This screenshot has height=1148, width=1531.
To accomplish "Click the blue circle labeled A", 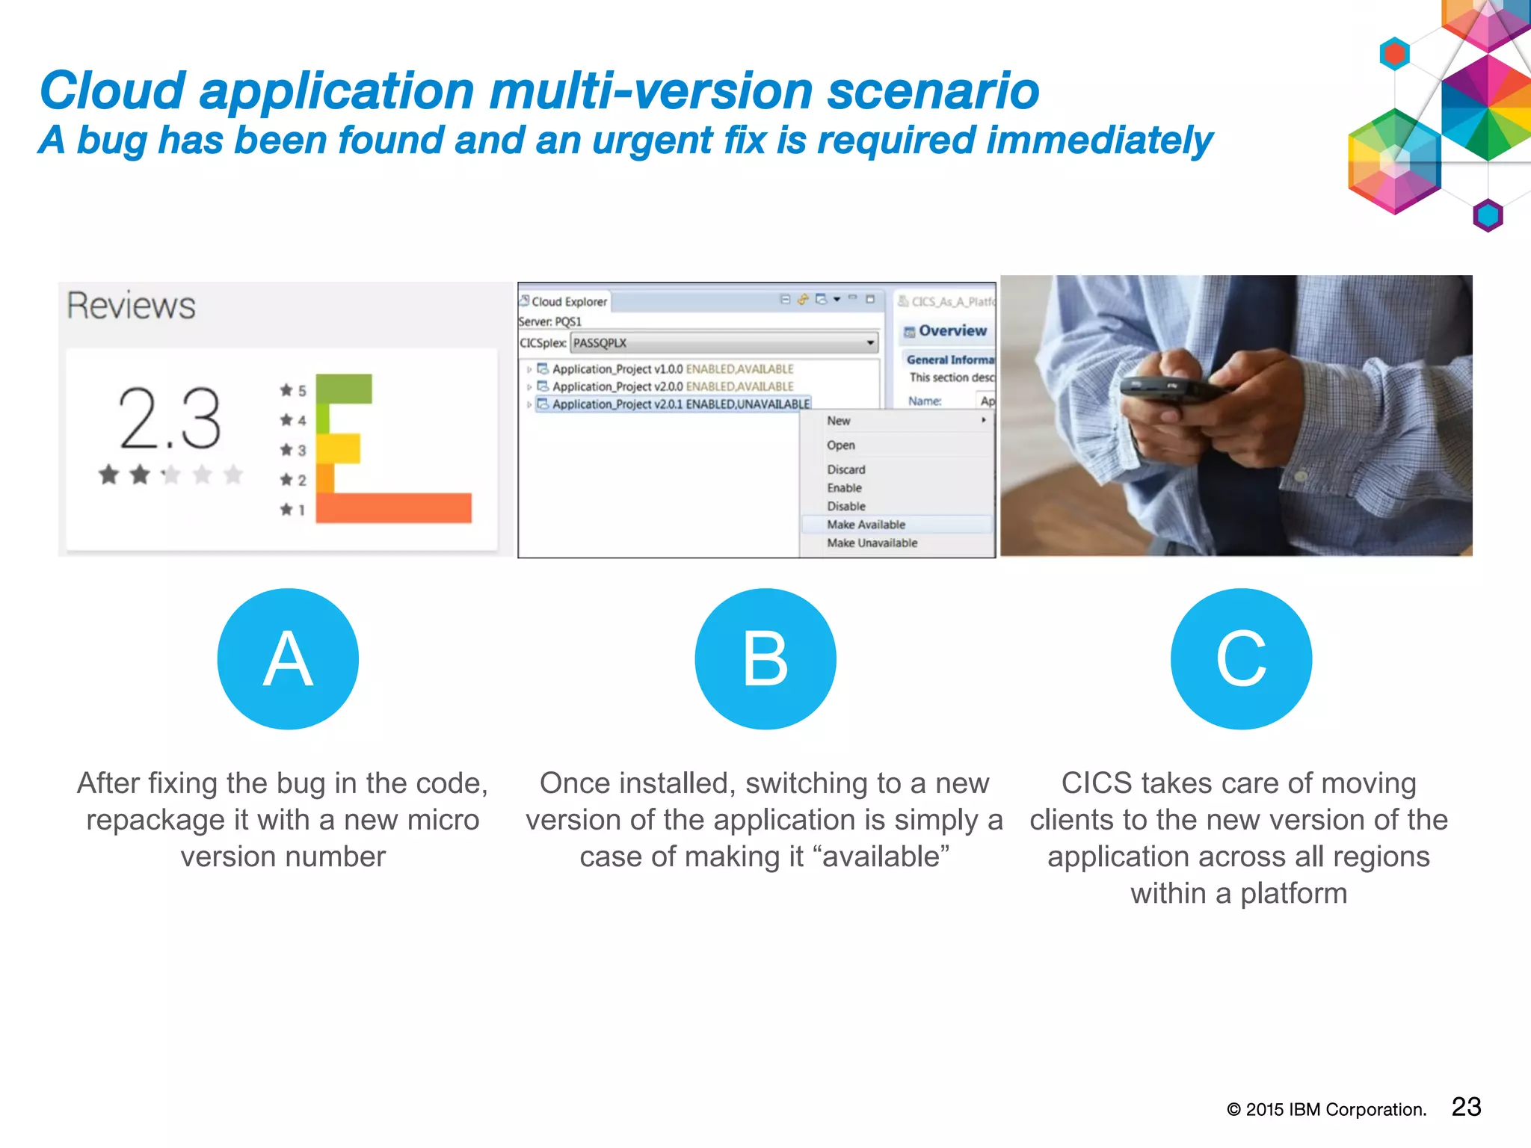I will [x=288, y=658].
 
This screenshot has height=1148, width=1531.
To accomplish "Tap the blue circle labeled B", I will [x=765, y=658].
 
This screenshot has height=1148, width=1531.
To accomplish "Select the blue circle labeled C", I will [x=1241, y=658].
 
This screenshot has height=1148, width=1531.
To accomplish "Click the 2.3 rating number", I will [x=170, y=419].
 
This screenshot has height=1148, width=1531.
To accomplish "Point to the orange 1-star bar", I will [x=394, y=507].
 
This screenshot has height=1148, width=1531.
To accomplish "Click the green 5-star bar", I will [x=344, y=389].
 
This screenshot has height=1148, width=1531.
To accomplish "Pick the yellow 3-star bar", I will [x=339, y=448].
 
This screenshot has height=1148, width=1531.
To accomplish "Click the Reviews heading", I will [x=131, y=306].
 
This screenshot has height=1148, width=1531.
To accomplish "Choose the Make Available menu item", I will [x=866, y=525].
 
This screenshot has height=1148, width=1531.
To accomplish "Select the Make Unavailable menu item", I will [x=872, y=543].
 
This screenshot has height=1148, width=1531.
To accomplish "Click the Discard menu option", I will [x=845, y=469].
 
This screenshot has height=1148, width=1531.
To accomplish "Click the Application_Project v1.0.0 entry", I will [x=672, y=369].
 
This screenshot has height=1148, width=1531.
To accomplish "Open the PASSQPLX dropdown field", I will [x=723, y=343].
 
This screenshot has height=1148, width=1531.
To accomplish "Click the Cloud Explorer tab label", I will [x=568, y=302].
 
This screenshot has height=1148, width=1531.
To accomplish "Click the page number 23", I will [x=1466, y=1107].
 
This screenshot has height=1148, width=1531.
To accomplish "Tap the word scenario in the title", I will [x=932, y=91].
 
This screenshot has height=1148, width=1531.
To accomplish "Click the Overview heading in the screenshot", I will [x=952, y=331].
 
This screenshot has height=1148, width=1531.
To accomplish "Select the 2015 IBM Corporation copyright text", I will [x=1327, y=1110].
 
